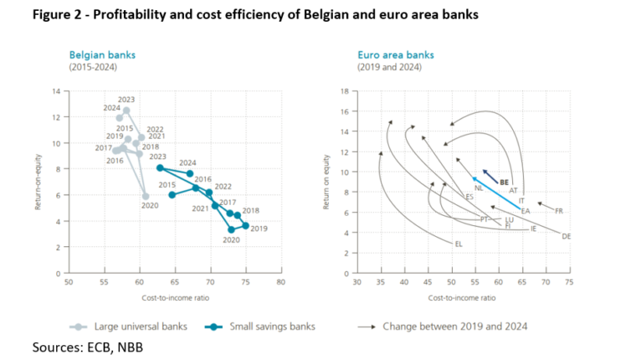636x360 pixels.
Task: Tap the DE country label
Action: pos(567,236)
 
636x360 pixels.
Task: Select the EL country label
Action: pos(458,244)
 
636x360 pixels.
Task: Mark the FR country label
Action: pos(559,211)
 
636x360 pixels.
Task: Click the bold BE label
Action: pos(504,182)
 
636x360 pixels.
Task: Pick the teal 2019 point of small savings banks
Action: pos(245,225)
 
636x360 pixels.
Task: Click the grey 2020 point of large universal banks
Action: pos(146,196)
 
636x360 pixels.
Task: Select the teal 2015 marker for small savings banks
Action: pos(172,195)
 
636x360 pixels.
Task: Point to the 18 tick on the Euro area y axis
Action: pos(344,91)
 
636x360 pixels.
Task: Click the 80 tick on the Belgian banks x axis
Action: pos(281,283)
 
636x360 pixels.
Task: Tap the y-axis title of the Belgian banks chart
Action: pos(38,182)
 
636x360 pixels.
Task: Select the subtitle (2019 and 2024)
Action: pos(383,66)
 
